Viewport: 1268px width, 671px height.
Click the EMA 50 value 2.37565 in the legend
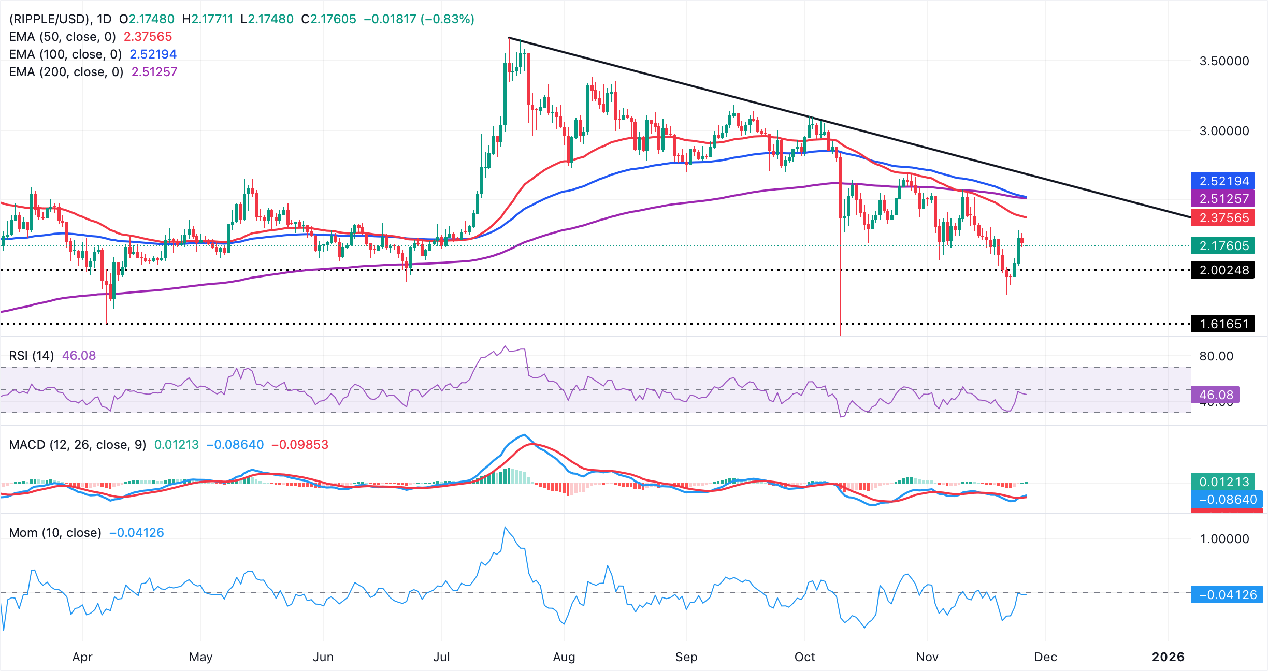148,37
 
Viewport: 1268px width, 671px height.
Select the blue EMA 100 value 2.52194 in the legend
153,54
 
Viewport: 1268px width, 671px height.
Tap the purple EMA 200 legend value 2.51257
154,72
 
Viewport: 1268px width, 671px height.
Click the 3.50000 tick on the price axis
1224,61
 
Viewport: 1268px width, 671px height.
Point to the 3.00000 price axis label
1224,131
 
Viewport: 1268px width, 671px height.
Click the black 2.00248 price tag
1223,270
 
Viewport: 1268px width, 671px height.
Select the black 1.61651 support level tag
1223,324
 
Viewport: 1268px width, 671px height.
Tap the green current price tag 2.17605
1223,246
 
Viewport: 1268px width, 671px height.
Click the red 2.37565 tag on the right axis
1223,218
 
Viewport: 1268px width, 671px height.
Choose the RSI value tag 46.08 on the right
1216,395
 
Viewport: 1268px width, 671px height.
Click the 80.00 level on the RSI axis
1216,356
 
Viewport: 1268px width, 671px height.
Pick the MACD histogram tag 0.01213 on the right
1223,482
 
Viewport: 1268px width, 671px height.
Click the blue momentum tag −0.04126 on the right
1227,595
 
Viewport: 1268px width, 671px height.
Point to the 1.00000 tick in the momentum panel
1224,539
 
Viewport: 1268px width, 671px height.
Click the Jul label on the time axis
441,657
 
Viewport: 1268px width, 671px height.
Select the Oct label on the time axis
804,657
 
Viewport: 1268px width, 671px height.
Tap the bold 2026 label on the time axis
1168,657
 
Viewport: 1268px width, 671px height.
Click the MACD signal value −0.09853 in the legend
300,445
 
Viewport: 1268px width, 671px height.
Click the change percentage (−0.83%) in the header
448,19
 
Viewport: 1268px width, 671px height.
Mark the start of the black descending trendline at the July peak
509,38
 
